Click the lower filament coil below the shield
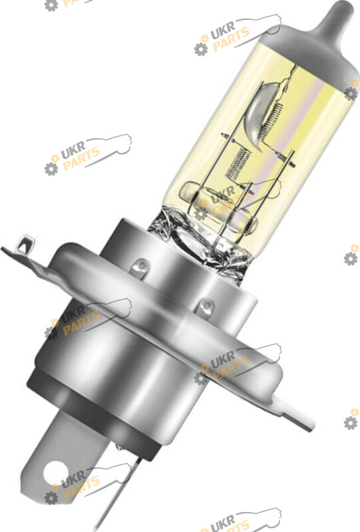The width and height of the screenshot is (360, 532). point(238,164)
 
